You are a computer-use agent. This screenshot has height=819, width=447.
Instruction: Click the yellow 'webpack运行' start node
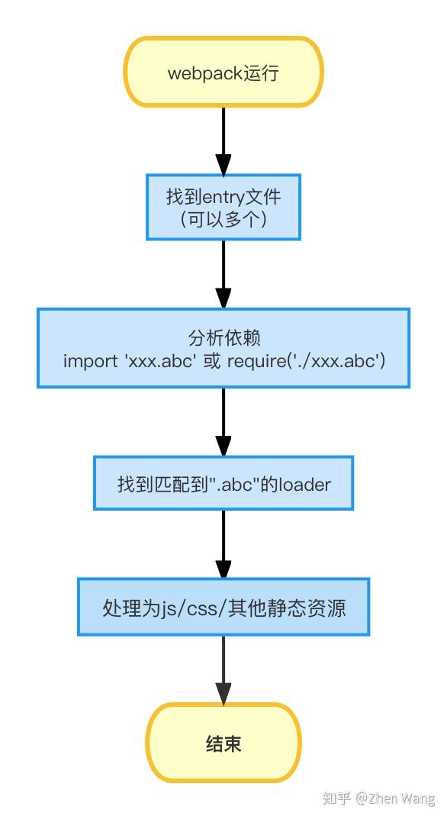(x=223, y=72)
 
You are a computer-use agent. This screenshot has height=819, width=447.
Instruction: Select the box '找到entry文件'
(x=223, y=207)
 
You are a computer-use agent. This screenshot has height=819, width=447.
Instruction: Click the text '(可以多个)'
(x=223, y=220)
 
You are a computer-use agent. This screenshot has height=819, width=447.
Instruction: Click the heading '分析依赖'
(x=223, y=337)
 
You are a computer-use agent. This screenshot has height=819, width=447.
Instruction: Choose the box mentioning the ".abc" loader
(x=223, y=483)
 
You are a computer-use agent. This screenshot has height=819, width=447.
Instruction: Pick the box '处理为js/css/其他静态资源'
(x=223, y=607)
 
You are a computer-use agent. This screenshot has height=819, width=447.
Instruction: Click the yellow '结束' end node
(x=223, y=743)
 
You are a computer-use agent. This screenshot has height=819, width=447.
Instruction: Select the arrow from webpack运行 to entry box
(x=223, y=141)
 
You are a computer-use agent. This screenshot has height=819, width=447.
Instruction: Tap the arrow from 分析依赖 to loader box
(x=223, y=421)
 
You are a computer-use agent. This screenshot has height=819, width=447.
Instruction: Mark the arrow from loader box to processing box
(x=223, y=543)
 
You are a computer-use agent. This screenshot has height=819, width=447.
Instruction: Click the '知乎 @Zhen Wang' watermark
(x=378, y=798)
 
